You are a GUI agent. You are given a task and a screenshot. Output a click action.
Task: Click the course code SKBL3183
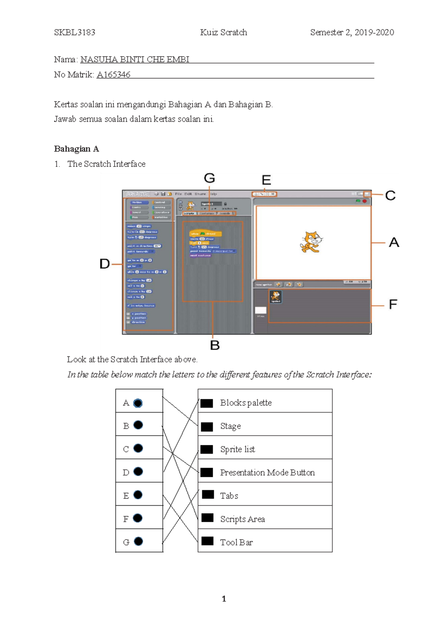click(x=75, y=32)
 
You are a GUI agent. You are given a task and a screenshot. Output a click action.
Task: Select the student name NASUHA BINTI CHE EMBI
click(x=135, y=59)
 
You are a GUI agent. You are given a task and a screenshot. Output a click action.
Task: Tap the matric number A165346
click(x=113, y=75)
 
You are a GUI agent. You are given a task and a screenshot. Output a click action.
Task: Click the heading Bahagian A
click(x=77, y=149)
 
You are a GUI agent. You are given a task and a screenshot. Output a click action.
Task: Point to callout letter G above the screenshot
click(x=209, y=178)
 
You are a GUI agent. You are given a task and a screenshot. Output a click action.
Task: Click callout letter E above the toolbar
click(x=266, y=180)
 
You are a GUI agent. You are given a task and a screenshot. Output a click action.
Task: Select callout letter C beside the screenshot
click(x=390, y=196)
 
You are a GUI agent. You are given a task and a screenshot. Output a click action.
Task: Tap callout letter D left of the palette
click(x=105, y=264)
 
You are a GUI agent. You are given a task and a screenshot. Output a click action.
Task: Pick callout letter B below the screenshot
click(x=215, y=345)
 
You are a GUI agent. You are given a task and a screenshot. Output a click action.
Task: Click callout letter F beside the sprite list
click(x=393, y=305)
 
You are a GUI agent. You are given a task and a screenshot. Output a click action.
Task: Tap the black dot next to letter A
click(x=138, y=403)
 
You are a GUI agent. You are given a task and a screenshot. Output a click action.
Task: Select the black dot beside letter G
click(x=138, y=541)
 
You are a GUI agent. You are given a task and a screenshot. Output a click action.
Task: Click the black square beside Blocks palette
click(x=207, y=403)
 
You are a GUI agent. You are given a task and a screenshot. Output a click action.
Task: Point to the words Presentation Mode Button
click(x=267, y=473)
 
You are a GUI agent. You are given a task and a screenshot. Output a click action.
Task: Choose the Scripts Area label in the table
click(x=242, y=519)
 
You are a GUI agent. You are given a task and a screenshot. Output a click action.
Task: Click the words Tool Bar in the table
click(x=236, y=542)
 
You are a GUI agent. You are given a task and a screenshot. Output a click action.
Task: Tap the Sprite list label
click(x=237, y=449)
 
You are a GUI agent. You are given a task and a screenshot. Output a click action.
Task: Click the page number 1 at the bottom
click(x=224, y=599)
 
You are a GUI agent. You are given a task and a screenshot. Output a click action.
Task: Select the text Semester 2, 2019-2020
click(x=352, y=32)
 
